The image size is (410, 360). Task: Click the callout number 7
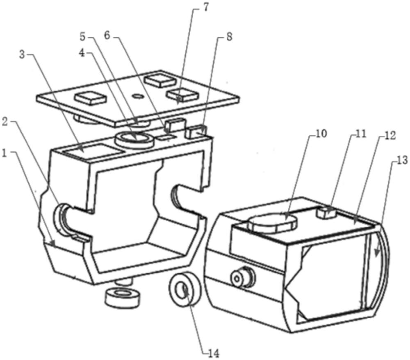(205, 7)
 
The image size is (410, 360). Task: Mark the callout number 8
(228, 37)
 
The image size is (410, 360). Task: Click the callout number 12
(390, 136)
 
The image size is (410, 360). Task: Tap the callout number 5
(83, 37)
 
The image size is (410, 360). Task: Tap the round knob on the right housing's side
(243, 277)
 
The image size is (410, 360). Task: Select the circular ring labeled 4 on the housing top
(135, 139)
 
